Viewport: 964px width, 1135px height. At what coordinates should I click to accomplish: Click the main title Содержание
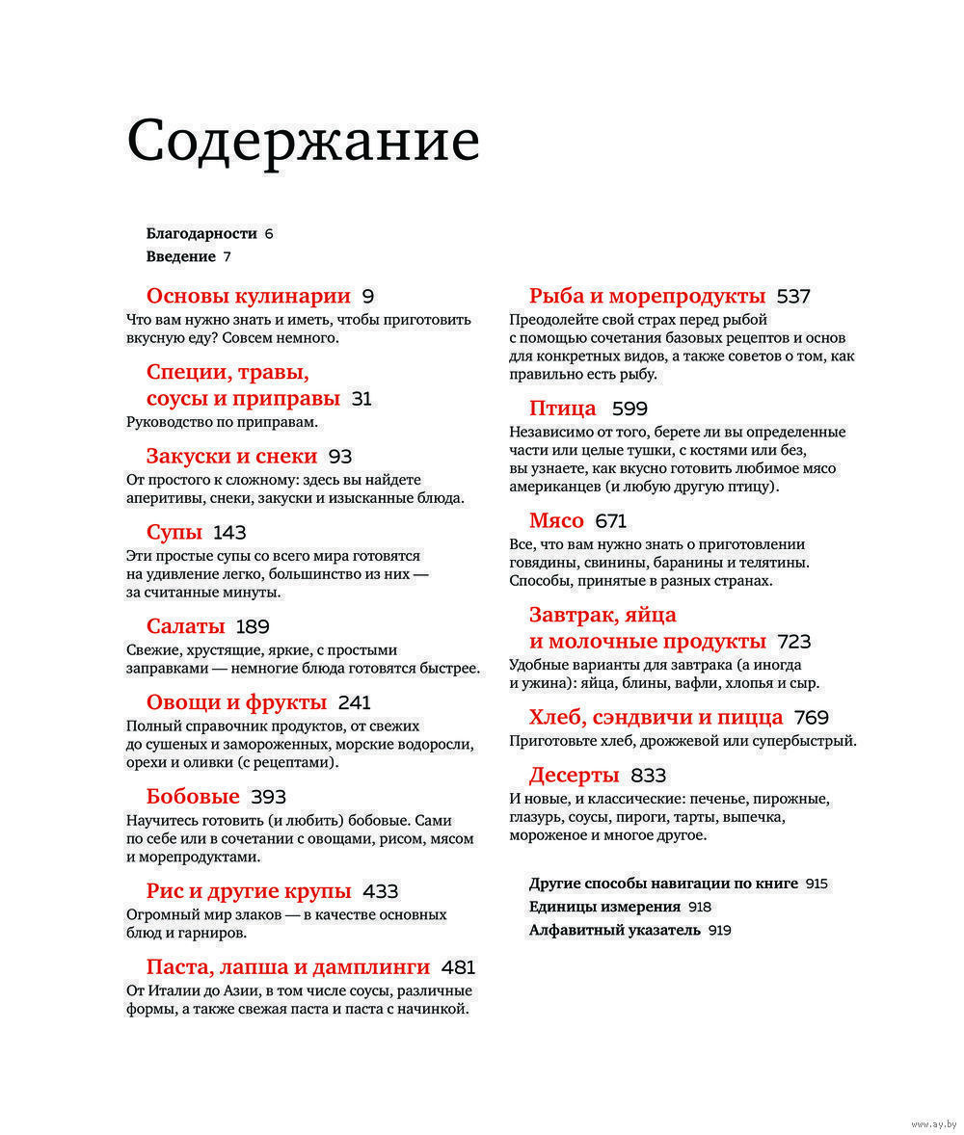coord(303,141)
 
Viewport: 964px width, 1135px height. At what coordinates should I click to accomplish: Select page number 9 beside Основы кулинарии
coord(367,297)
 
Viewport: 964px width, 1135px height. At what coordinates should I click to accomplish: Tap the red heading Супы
coord(174,533)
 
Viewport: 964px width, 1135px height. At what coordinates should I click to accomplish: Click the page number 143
coord(230,533)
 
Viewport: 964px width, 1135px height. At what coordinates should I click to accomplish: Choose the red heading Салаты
coord(185,627)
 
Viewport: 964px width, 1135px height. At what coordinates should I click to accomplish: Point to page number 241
coord(355,702)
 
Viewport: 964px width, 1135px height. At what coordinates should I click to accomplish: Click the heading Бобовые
coord(193,797)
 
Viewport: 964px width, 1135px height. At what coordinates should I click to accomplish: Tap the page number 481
coord(458,967)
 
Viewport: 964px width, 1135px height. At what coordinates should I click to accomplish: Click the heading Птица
coord(563,408)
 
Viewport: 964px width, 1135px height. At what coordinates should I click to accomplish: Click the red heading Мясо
coord(556,521)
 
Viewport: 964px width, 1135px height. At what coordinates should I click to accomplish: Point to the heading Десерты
coord(574,776)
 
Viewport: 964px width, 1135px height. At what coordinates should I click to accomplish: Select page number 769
coord(812,718)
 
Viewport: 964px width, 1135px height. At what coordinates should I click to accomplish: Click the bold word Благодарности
coord(201,233)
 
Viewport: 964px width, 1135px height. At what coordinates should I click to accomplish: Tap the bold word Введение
coord(180,256)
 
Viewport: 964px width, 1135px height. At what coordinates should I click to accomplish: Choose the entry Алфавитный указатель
coord(614,931)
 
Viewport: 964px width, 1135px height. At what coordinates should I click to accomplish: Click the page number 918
coord(699,908)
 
